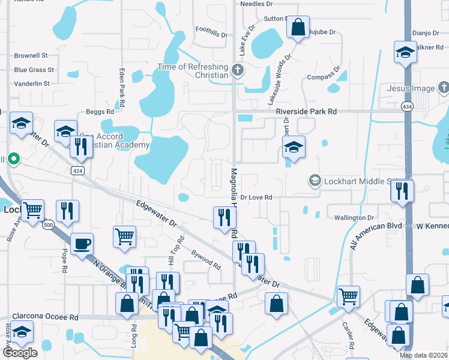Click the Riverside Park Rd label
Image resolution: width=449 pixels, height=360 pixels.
pyautogui.click(x=306, y=112)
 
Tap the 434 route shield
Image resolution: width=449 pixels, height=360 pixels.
pyautogui.click(x=406, y=106)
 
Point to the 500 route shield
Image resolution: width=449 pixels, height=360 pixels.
pyautogui.click(x=48, y=225)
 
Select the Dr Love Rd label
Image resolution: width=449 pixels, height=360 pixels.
pyautogui.click(x=256, y=197)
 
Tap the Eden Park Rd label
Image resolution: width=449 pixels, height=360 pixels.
pyautogui.click(x=122, y=87)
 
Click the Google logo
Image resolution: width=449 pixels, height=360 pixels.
pyautogui.click(x=20, y=353)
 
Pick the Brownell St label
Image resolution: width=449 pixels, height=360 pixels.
pyautogui.click(x=31, y=55)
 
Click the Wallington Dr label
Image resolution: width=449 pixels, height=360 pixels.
pyautogui.click(x=354, y=218)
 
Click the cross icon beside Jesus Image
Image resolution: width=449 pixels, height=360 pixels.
pyautogui.click(x=443, y=89)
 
